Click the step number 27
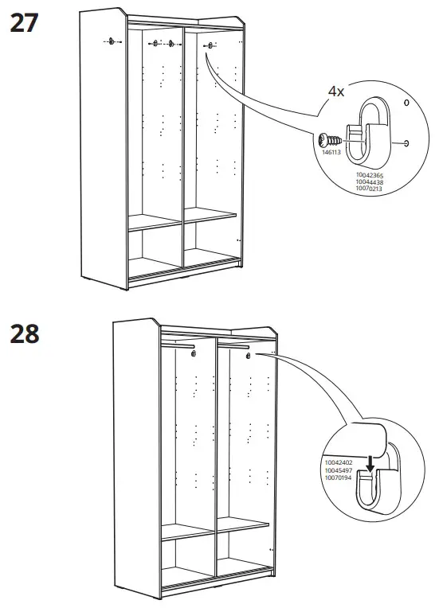point(23,22)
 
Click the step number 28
point(24,333)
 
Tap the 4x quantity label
point(337,91)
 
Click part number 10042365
point(369,175)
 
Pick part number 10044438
point(369,182)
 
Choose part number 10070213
point(369,189)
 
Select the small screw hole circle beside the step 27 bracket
point(407,143)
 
